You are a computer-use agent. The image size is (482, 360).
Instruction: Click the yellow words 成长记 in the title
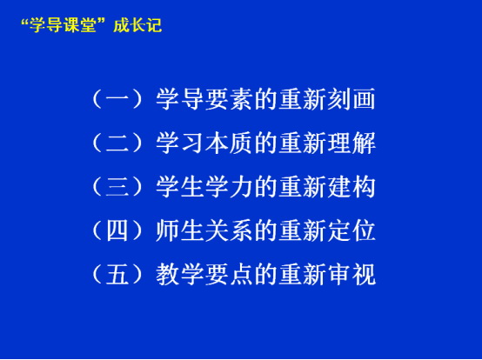coord(137,25)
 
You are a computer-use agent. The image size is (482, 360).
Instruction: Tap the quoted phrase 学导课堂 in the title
coord(64,25)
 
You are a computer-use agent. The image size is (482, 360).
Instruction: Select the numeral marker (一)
coord(117,99)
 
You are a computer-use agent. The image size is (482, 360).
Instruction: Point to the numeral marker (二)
coord(117,143)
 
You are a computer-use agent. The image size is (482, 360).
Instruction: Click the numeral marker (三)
coord(117,187)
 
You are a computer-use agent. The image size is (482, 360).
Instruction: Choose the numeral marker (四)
coord(117,230)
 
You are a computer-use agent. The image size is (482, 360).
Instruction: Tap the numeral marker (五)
coord(117,274)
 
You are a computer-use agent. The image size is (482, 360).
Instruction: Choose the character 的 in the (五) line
coord(265,274)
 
